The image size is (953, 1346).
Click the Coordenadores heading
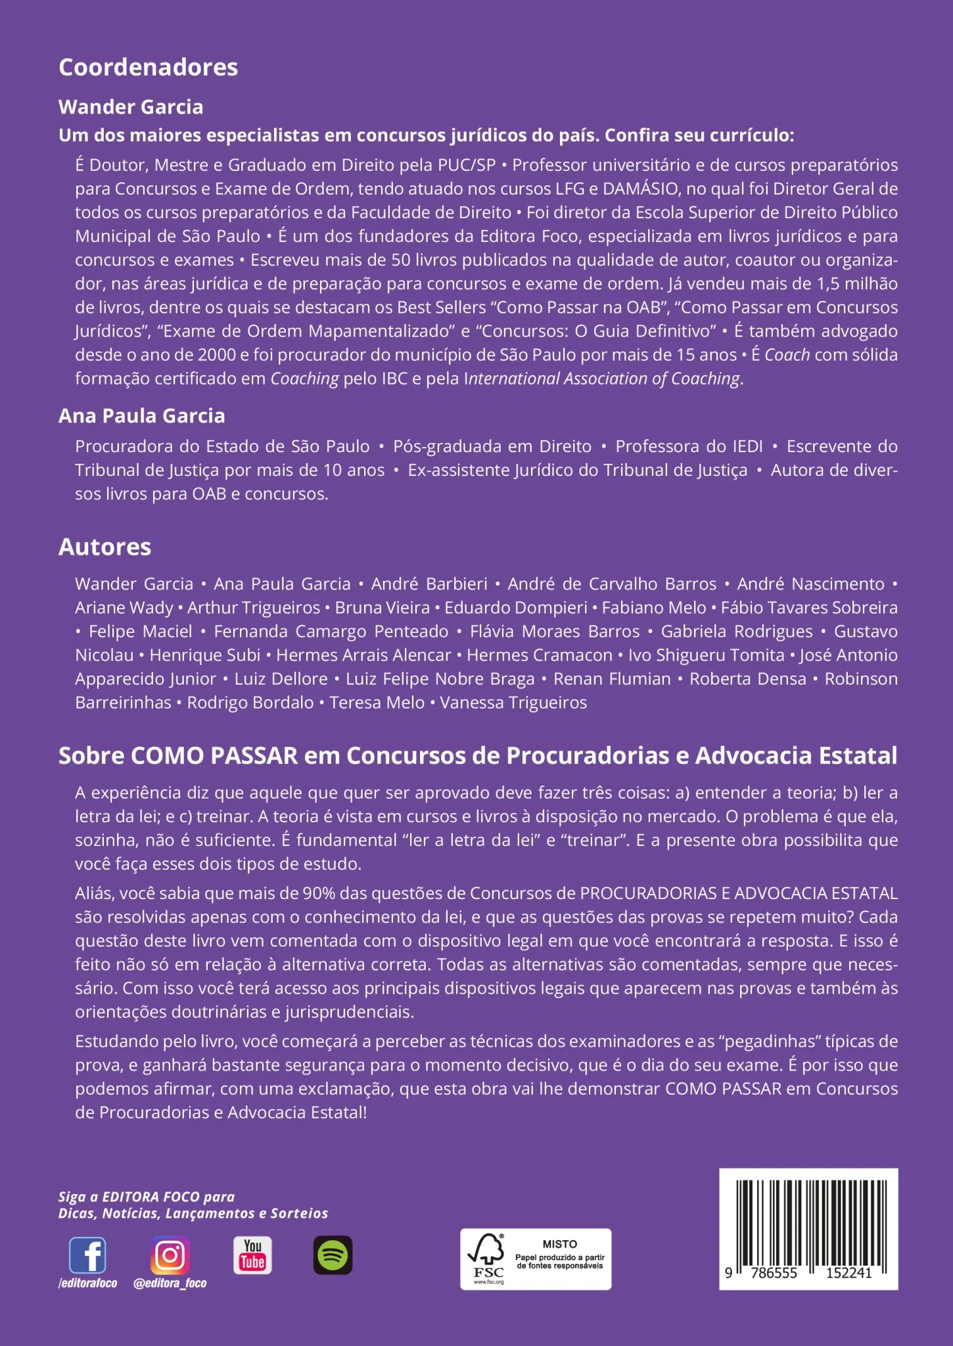[148, 68]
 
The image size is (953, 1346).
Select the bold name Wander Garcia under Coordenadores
[131, 107]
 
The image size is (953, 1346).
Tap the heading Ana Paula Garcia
[141, 416]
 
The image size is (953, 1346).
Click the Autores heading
[105, 547]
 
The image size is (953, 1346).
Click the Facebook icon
[87, 1255]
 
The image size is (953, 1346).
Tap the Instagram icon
[170, 1255]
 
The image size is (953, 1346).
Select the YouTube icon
[252, 1255]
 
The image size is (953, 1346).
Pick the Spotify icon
[333, 1255]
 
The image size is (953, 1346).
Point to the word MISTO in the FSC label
[560, 1244]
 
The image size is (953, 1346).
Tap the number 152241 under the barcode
[848, 1273]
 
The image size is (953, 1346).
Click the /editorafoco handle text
[87, 1283]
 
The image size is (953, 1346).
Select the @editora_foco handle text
[170, 1283]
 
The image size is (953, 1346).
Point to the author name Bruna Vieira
[382, 608]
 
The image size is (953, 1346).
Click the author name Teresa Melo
[377, 703]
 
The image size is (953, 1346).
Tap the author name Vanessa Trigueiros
[513, 703]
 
